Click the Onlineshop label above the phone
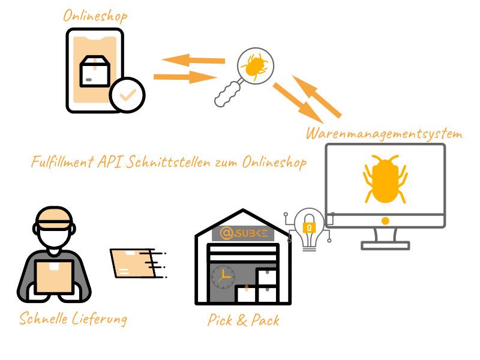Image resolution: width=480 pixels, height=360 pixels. (95, 16)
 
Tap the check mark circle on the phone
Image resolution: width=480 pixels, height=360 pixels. (127, 95)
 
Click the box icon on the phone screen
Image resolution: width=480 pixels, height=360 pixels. (95, 71)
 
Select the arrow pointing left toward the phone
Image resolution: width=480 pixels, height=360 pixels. (193, 60)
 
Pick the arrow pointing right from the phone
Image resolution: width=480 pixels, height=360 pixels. (185, 77)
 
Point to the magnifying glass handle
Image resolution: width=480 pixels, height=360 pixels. (227, 94)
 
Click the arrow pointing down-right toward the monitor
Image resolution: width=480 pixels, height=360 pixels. (298, 102)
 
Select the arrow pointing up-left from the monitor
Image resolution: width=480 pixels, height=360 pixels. (317, 96)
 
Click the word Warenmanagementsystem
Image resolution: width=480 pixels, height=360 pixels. (384, 134)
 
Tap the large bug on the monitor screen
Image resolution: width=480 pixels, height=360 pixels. (385, 179)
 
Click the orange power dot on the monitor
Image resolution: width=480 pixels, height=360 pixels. (385, 221)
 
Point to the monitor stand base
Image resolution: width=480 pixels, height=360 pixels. (385, 245)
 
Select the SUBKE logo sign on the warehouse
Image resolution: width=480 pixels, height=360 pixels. (243, 233)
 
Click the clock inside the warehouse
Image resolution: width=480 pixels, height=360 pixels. (223, 277)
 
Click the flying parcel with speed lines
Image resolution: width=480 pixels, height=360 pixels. (138, 263)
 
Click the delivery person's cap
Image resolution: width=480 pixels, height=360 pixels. (54, 218)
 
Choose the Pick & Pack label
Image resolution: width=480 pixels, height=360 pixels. (244, 320)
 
